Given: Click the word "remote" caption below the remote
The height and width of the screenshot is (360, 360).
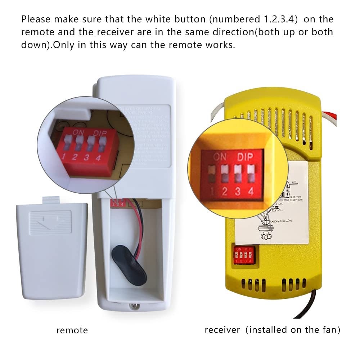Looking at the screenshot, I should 72,330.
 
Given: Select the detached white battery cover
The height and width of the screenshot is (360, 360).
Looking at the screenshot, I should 52,245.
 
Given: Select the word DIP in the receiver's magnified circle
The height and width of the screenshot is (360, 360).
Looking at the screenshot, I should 245,157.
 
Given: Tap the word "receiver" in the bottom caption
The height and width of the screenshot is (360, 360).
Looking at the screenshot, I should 222,330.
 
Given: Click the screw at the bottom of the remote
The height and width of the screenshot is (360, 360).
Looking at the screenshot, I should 134,307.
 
